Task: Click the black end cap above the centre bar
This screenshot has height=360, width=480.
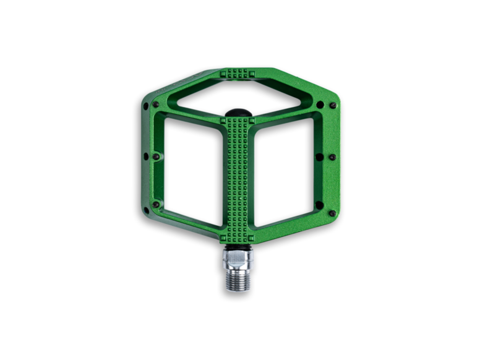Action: tap(239, 113)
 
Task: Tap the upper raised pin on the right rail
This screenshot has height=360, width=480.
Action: tap(333, 106)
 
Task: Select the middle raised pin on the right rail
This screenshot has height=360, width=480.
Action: tap(332, 158)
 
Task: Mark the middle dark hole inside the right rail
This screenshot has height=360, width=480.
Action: tap(319, 157)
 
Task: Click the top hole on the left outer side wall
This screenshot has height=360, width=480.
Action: tap(145, 106)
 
